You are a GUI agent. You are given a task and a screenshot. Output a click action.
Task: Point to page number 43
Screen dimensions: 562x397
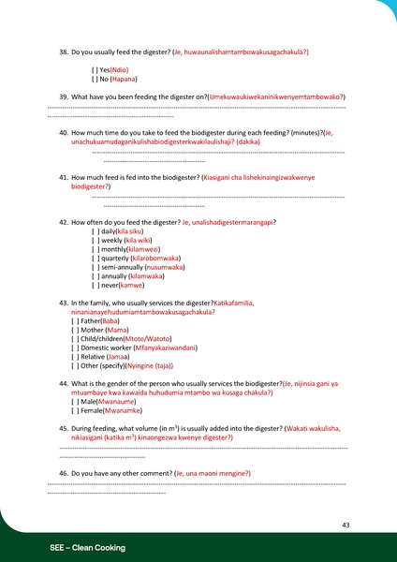point(346,525)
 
